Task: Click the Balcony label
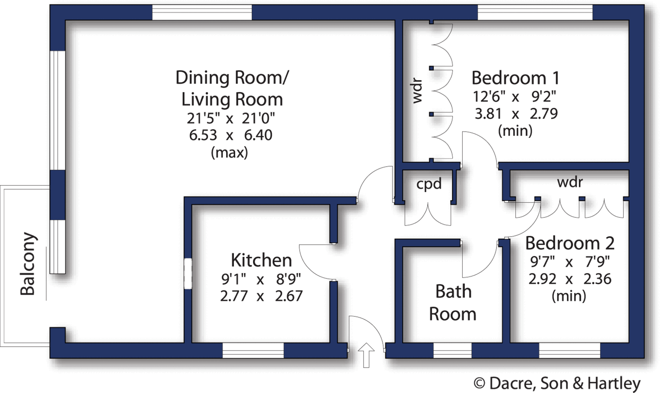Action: click(28, 264)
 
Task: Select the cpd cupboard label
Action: click(429, 184)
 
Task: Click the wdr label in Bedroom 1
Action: click(417, 91)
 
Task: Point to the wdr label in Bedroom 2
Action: click(570, 182)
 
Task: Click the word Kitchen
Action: click(261, 260)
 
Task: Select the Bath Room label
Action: click(453, 303)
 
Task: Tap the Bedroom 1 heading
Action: click(515, 78)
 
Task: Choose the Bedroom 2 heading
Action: click(570, 243)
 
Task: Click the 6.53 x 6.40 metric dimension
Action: click(230, 135)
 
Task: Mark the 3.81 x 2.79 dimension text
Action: click(516, 114)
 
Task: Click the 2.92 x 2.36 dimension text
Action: click(569, 279)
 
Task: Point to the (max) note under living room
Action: click(229, 153)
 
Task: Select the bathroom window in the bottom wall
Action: click(452, 351)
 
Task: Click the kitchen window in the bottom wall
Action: click(253, 351)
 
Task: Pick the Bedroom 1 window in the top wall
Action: click(535, 13)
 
